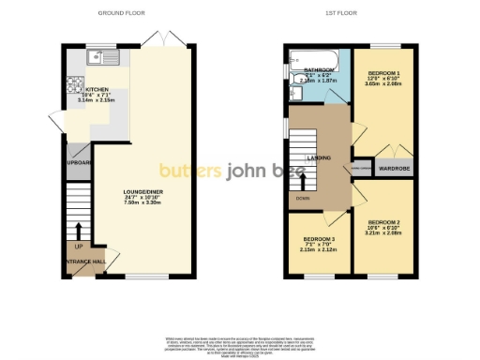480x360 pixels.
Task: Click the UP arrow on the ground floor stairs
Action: [x=79, y=230]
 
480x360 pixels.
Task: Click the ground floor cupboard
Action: [x=78, y=161]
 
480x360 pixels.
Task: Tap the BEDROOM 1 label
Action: [x=383, y=73]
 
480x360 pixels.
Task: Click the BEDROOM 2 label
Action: [x=383, y=222]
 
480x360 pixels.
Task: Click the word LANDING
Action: [x=319, y=158]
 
